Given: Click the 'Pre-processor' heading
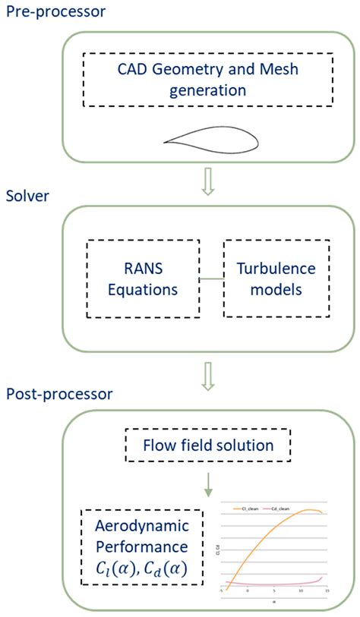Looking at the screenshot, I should click(x=55, y=12).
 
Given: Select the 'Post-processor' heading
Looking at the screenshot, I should click(x=60, y=394).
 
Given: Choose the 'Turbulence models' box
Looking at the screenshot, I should click(x=276, y=279).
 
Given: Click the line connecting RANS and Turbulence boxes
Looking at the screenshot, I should click(x=211, y=279).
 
